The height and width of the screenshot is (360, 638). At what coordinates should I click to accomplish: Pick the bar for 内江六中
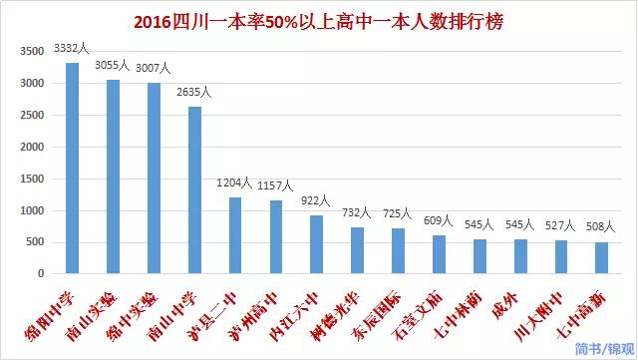point(316,244)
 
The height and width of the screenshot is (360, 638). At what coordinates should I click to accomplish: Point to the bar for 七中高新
point(601,257)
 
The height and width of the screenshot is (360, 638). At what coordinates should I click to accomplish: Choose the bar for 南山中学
point(194,189)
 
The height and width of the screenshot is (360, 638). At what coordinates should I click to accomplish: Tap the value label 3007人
point(154,68)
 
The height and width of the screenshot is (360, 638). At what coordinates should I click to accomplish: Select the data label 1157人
point(275,185)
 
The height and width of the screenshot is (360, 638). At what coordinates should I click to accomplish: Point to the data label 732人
point(356,211)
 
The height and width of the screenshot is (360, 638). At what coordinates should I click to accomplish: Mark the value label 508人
point(601,225)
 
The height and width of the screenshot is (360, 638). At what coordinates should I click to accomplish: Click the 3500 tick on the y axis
point(32,51)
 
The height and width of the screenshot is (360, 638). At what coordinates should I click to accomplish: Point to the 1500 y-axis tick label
point(32,179)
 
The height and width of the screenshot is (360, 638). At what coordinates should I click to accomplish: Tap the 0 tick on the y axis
point(40,273)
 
